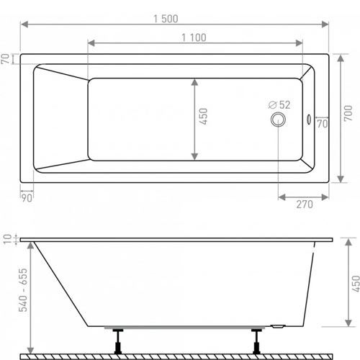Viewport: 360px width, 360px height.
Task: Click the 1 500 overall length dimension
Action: (166, 19)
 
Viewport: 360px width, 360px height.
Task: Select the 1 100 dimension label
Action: (194, 37)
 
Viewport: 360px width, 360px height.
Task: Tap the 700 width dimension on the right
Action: (348, 113)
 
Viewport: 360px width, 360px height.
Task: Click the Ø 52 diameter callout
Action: (279, 105)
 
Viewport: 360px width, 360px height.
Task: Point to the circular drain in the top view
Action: (278, 120)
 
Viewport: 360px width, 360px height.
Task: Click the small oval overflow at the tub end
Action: (309, 120)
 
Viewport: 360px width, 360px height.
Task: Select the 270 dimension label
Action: (305, 204)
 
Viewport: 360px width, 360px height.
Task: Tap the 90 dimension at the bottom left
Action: (27, 198)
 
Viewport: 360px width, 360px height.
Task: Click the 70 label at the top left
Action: (5, 59)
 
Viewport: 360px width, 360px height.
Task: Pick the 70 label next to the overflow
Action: (323, 124)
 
